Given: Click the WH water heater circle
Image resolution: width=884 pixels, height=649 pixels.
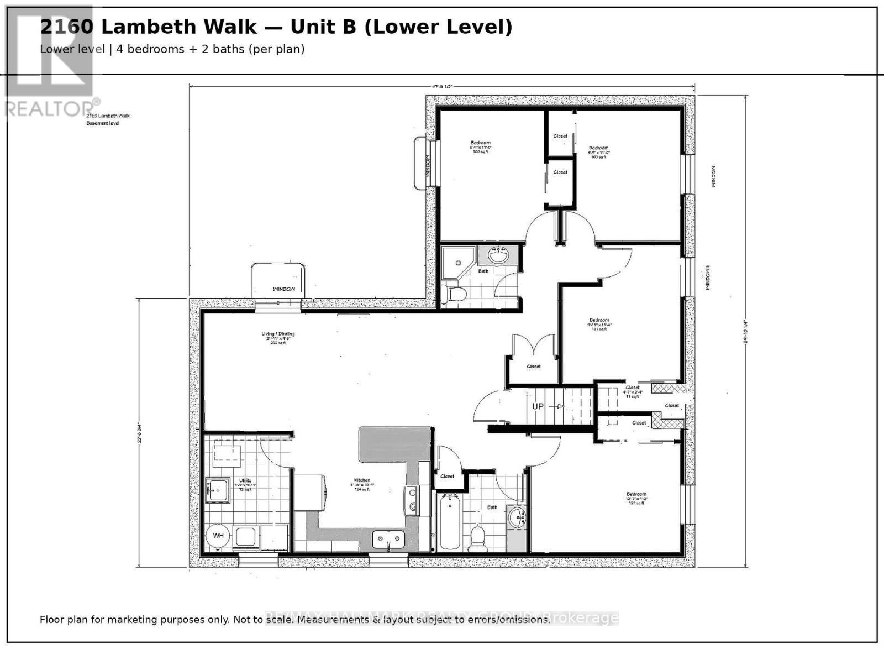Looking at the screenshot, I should pos(218,536).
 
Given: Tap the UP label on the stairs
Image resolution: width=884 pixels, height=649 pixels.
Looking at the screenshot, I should pos(538,406).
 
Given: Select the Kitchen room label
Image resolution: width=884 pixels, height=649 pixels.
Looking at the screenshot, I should pos(362,480).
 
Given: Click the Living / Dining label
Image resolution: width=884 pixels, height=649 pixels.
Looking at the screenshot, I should pos(278,334).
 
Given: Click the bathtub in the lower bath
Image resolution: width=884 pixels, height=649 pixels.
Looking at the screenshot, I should pos(449,521).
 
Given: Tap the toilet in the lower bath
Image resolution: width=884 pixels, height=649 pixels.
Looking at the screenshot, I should pos(477,537).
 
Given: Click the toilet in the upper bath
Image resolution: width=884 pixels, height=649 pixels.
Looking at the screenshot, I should pos(455,294).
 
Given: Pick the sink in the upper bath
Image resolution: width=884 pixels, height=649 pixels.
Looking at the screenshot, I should pos(498,256).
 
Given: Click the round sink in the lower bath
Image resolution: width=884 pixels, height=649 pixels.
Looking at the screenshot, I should pos(518,519).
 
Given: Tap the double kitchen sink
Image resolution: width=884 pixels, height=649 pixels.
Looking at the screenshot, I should pos(389,538).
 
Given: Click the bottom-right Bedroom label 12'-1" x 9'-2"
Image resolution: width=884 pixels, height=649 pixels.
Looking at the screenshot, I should pos(636,494).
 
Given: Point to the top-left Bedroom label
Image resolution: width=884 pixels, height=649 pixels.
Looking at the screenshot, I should pos(480,143).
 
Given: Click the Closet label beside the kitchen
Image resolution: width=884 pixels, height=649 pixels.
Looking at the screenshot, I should pos(447,476).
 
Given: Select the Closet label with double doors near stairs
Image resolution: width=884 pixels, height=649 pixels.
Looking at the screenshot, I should pos(534,367).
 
